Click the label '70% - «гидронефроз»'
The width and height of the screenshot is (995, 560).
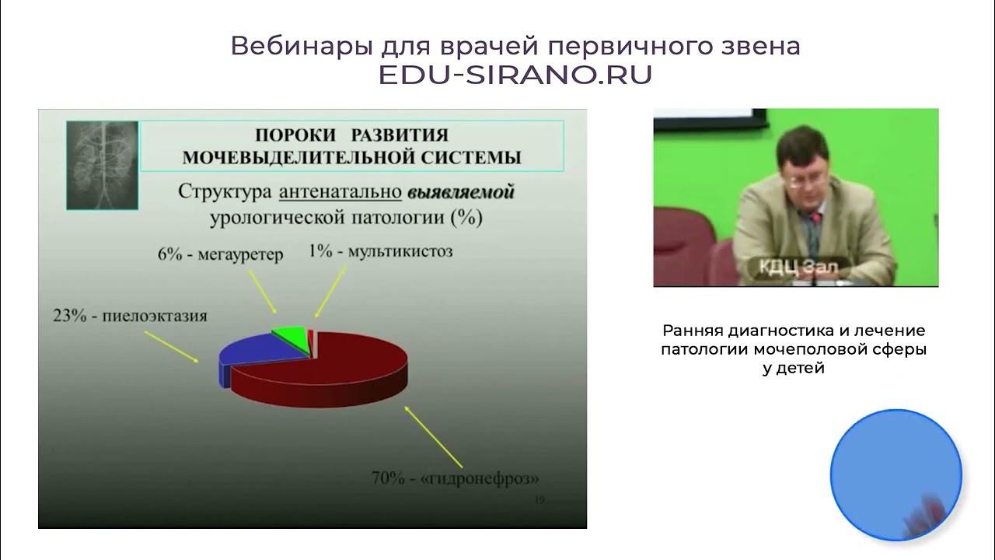[455, 478]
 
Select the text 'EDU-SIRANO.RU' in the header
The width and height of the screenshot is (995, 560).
[515, 75]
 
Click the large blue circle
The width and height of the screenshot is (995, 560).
[895, 474]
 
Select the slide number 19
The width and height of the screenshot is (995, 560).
[539, 500]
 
